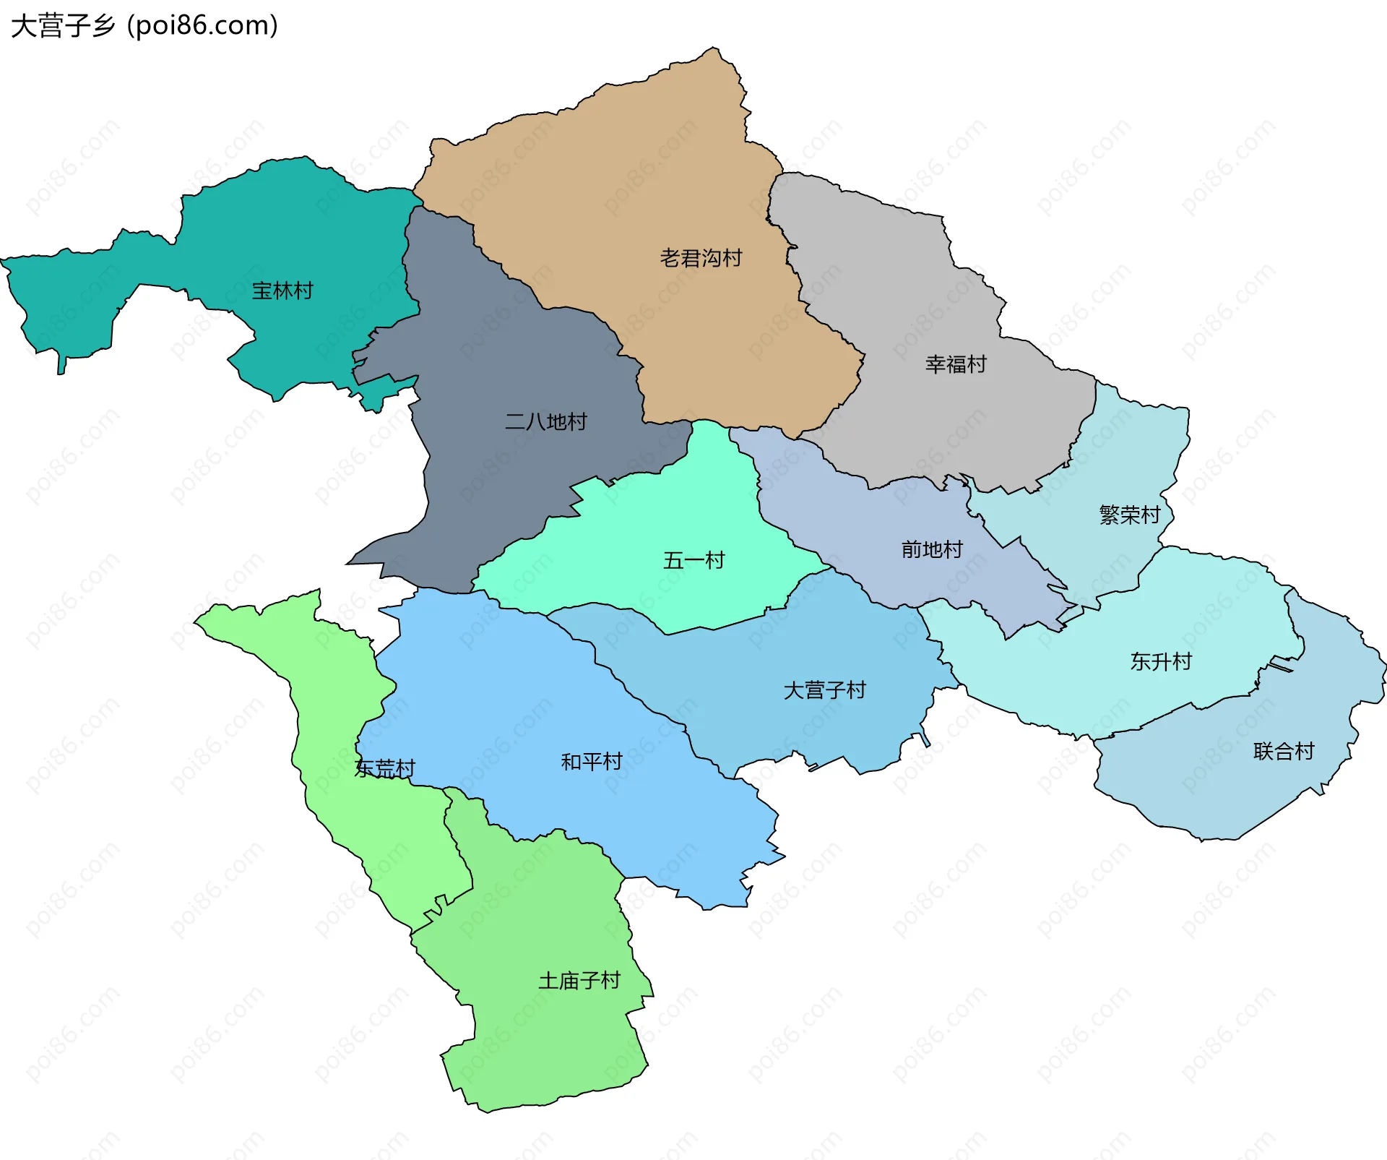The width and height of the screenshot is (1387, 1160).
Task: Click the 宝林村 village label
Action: [282, 291]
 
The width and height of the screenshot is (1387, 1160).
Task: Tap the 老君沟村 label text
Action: [700, 258]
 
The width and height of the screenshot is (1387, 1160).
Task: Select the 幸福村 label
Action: [955, 364]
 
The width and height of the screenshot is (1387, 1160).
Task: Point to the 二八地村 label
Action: [545, 421]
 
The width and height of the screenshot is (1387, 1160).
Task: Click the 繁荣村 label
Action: [1129, 515]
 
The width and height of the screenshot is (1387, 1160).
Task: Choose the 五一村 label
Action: [693, 560]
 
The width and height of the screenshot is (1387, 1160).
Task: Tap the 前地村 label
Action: [931, 549]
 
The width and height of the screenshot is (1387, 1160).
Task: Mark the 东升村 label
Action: [1160, 661]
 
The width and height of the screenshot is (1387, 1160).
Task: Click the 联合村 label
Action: [1283, 752]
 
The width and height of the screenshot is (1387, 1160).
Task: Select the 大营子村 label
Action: [824, 690]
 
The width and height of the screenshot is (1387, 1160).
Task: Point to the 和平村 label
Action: [591, 762]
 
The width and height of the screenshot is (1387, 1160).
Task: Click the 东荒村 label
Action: [384, 768]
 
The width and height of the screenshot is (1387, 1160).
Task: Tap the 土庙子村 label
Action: [579, 981]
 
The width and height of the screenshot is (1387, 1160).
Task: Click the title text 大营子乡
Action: [64, 26]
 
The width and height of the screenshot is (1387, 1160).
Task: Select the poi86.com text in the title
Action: [202, 26]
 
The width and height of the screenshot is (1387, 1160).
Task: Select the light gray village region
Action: [903, 289]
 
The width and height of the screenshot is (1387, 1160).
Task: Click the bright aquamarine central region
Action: [650, 520]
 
